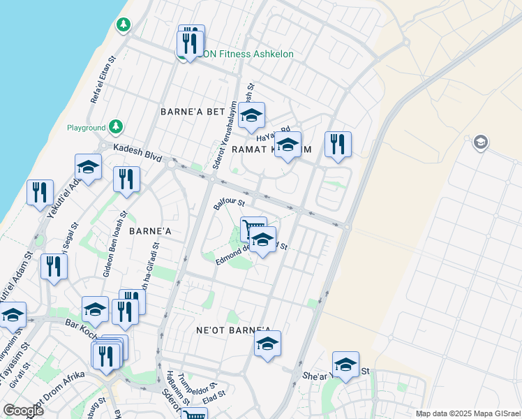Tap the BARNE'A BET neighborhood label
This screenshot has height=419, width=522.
coord(193,112)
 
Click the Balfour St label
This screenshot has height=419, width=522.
coord(230,204)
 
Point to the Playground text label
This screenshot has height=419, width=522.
coord(86,128)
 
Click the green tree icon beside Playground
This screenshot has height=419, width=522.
coord(115,127)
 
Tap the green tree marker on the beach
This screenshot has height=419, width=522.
coord(124,25)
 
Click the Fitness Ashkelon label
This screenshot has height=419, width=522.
coord(254,54)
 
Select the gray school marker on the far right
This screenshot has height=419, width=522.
coord(480,143)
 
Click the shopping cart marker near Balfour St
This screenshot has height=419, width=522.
coord(253,227)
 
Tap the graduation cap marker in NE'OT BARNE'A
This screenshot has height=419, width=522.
coord(267,344)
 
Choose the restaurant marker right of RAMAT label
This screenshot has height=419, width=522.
coord(338,145)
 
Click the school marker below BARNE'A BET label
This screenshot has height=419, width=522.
coord(251,115)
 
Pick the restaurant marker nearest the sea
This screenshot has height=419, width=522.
coord(40,192)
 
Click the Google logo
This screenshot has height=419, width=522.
coord(23,411)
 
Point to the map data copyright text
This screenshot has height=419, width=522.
coord(467,413)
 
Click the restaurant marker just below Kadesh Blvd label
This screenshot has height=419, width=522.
coord(126,179)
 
